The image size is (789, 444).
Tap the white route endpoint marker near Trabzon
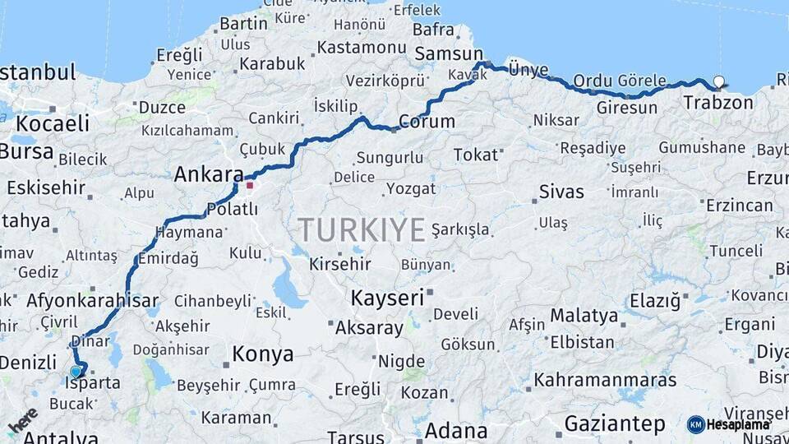click(719, 82)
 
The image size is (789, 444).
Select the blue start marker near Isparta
click(76, 372)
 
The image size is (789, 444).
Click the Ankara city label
click(209, 174)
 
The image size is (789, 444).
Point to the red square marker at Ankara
click(250, 184)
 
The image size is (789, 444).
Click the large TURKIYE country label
click(361, 229)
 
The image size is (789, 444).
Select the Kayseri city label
click(386, 298)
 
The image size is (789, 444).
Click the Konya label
click(262, 354)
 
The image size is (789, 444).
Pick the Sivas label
click(561, 192)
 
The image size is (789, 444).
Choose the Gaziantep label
click(615, 424)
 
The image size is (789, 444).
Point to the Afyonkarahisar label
click(92, 301)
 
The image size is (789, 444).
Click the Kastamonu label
click(362, 47)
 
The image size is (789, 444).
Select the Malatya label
click(584, 316)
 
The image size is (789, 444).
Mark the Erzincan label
click(739, 205)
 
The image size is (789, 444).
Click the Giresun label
click(626, 108)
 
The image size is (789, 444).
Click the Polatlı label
click(233, 210)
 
